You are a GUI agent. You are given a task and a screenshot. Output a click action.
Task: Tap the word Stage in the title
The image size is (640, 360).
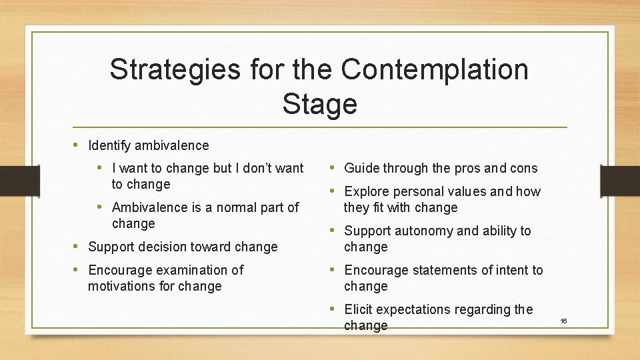tap(319, 103)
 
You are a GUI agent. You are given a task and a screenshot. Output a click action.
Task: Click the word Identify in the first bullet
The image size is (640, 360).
tap(109, 145)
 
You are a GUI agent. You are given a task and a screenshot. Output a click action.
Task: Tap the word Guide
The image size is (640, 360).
tap(361, 168)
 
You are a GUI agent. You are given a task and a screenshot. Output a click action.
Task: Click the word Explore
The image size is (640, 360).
tap(366, 191)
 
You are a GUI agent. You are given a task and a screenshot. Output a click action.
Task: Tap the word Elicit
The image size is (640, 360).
tap(359, 309)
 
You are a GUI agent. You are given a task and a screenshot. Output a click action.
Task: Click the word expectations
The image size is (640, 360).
tap(414, 309)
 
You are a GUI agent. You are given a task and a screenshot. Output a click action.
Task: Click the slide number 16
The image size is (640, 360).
tap(563, 321)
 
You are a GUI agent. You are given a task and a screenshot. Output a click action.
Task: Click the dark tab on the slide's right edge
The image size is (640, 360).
tap(619, 180)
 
